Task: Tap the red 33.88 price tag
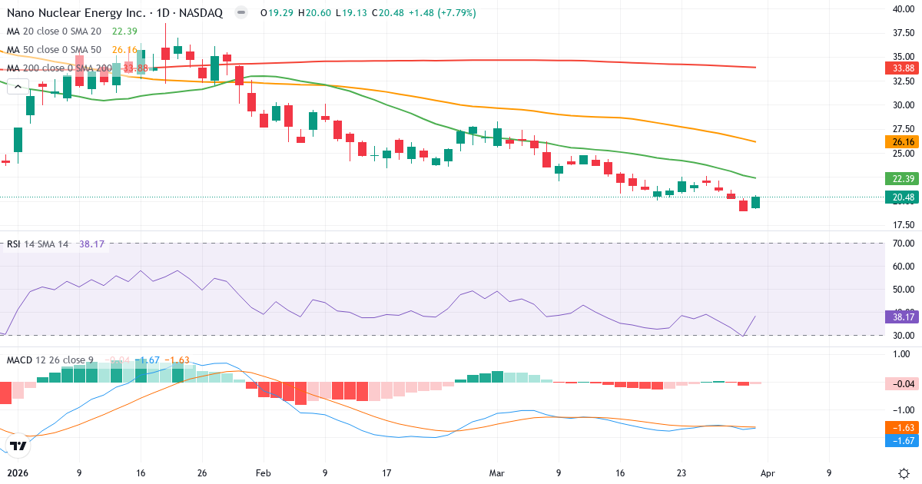[x=902, y=68]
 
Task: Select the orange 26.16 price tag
[x=902, y=142]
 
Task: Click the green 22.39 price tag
[x=902, y=179]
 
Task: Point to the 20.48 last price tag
[x=902, y=197]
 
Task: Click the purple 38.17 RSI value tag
[x=902, y=317]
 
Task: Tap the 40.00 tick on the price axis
[x=902, y=9]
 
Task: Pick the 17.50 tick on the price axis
[x=902, y=225]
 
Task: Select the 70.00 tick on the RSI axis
[x=902, y=244]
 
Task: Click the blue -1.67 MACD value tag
[x=902, y=441]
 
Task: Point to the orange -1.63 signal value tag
[x=902, y=428]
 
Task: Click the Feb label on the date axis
[x=263, y=473]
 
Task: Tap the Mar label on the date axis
[x=496, y=473]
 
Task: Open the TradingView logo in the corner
[x=18, y=446]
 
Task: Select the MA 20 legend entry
[x=54, y=31]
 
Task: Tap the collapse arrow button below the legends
[x=18, y=87]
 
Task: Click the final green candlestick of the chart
[x=756, y=202]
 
